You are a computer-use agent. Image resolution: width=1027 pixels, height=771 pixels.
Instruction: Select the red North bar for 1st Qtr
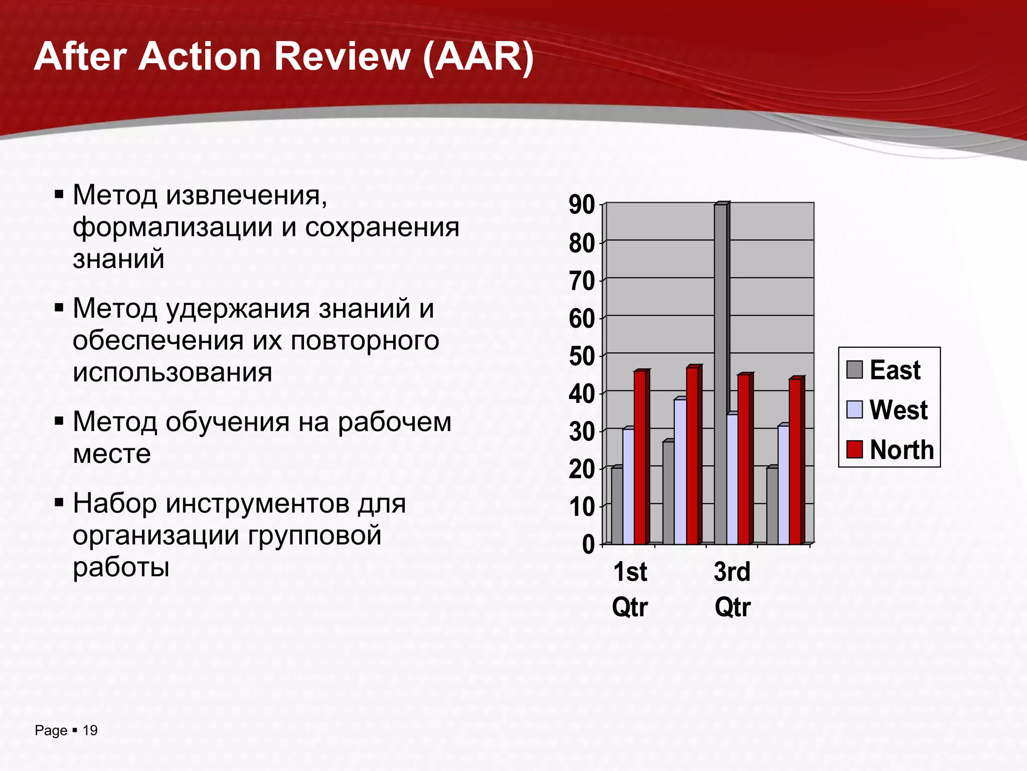(x=640, y=458)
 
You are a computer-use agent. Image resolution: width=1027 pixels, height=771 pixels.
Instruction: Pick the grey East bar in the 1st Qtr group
(x=617, y=505)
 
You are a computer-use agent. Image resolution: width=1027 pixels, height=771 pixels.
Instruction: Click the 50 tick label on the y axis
(x=582, y=356)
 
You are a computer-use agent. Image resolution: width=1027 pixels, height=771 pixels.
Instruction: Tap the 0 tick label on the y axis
(x=588, y=545)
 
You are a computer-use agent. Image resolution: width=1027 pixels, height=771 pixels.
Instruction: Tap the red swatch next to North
(x=854, y=449)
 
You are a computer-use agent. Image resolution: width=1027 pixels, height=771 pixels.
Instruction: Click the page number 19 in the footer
(x=90, y=730)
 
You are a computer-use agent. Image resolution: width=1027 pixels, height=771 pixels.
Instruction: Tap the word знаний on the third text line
(x=118, y=259)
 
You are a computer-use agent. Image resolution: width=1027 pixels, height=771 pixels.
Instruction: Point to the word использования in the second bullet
(x=172, y=372)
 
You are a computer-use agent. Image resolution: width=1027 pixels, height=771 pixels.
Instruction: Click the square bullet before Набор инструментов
(x=59, y=502)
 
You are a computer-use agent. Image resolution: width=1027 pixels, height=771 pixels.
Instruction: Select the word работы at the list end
(x=121, y=567)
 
